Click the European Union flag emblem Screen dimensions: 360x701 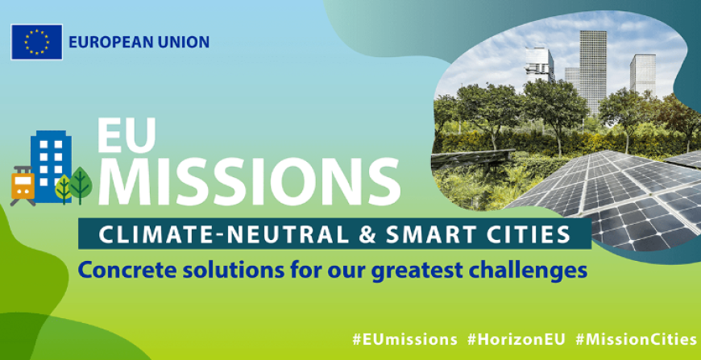click(36, 42)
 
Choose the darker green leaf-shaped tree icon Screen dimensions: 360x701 click(80, 184)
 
